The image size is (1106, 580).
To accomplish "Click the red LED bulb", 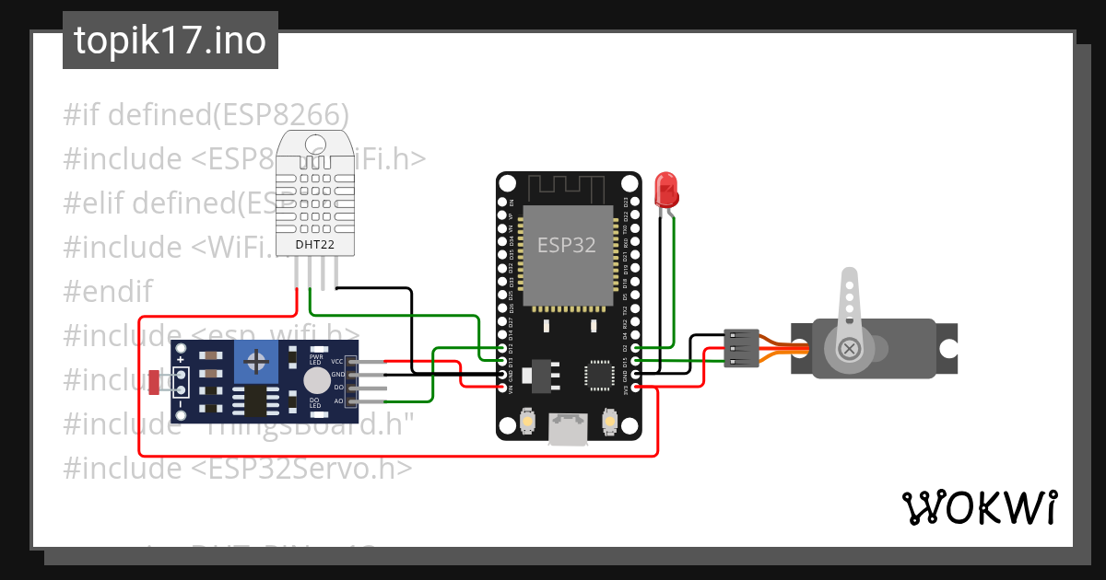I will coord(665,189).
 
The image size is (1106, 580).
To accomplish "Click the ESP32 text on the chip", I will coord(566,245).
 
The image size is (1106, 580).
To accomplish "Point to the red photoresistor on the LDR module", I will coord(153,382).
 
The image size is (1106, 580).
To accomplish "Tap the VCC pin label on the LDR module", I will coord(337,362).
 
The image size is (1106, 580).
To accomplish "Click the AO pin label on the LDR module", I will coord(337,401).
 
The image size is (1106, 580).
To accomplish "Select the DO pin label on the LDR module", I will coord(337,389).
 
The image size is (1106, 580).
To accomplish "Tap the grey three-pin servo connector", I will coord(741,349).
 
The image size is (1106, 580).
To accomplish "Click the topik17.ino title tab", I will coord(171,41).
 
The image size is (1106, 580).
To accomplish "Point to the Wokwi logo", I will coord(979,507).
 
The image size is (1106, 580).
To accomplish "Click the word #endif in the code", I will coord(107,292).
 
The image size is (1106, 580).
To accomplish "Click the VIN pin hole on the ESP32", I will coord(501,389).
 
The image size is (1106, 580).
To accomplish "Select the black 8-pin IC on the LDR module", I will coord(250,401).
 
